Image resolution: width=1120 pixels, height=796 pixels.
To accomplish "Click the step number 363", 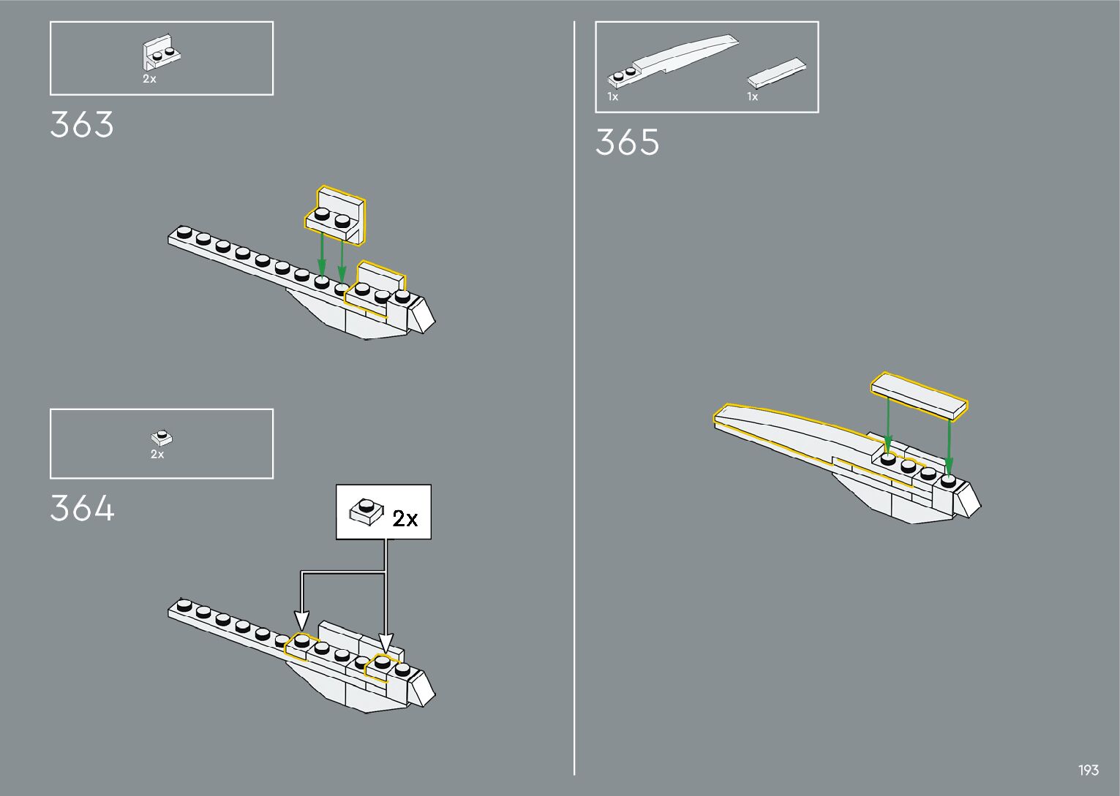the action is click(x=82, y=125).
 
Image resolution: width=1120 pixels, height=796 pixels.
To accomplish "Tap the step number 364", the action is click(x=82, y=509).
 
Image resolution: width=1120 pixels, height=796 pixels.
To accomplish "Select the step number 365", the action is click(x=627, y=143).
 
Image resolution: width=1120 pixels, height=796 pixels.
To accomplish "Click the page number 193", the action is click(x=1088, y=770).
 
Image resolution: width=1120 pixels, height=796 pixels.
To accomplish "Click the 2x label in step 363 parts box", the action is click(x=149, y=79).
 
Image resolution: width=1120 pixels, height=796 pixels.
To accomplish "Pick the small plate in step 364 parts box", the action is click(x=162, y=438).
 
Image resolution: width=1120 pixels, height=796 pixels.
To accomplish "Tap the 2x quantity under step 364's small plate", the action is click(x=157, y=454).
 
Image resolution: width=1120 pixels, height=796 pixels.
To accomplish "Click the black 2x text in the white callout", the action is click(x=405, y=518).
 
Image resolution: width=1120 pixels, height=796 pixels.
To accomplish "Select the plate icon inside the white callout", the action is click(x=367, y=511).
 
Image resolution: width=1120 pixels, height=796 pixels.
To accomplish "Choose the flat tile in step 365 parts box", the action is click(x=777, y=72).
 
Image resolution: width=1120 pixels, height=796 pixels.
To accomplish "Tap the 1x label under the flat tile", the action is click(x=752, y=96).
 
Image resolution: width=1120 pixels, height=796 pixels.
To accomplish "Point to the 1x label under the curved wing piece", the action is click(x=612, y=96).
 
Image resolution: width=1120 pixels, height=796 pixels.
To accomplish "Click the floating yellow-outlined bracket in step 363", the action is click(x=336, y=214).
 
